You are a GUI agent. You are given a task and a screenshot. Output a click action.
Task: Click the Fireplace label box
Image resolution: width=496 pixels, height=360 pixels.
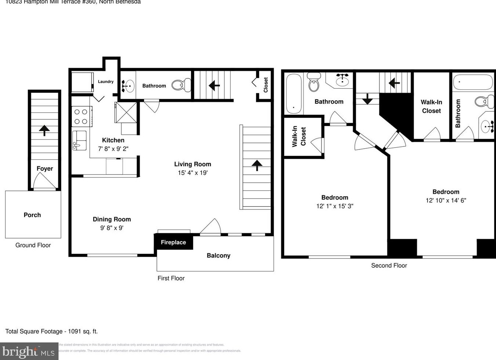tap(173, 242)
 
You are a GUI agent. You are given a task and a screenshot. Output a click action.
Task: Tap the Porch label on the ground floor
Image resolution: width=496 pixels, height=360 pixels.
tap(32, 215)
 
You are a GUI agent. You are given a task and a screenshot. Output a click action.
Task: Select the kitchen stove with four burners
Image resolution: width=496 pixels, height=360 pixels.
tap(81, 116)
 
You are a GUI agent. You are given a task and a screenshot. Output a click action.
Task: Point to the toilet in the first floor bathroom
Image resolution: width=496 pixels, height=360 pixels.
tap(181, 85)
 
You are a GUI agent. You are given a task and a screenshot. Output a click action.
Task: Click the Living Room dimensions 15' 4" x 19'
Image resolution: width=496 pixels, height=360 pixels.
tap(192, 173)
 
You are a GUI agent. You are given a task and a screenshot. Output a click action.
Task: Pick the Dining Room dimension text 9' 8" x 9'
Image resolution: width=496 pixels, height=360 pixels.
tap(111, 228)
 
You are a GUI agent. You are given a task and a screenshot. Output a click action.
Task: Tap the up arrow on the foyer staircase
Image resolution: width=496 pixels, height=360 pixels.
tap(44, 130)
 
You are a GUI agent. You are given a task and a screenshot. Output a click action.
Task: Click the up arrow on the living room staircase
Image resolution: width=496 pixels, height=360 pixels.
tap(257, 165)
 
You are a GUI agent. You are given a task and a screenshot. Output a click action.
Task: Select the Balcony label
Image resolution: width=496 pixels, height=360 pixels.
tap(218, 256)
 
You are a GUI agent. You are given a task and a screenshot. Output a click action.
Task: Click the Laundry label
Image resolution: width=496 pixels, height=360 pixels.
tap(106, 82)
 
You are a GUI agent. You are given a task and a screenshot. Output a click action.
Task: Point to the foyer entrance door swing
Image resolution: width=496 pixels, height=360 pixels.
tap(44, 181)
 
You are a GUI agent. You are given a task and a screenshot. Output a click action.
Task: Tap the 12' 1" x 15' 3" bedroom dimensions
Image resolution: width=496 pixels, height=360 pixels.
tap(335, 206)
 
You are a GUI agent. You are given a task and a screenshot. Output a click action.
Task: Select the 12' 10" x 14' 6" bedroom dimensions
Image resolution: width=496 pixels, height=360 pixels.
tap(446, 200)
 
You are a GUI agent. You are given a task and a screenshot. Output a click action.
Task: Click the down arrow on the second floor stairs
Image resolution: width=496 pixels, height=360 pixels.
tap(367, 99)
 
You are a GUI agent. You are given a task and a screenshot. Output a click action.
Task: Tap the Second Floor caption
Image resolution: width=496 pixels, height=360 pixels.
tap(389, 266)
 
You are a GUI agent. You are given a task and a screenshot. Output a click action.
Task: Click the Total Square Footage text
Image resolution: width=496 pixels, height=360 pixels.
tap(51, 331)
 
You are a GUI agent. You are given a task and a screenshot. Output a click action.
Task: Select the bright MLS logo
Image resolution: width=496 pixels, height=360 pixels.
tap(29, 352)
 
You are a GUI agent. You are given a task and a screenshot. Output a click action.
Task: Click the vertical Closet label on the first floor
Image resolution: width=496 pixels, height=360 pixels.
tap(266, 85)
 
